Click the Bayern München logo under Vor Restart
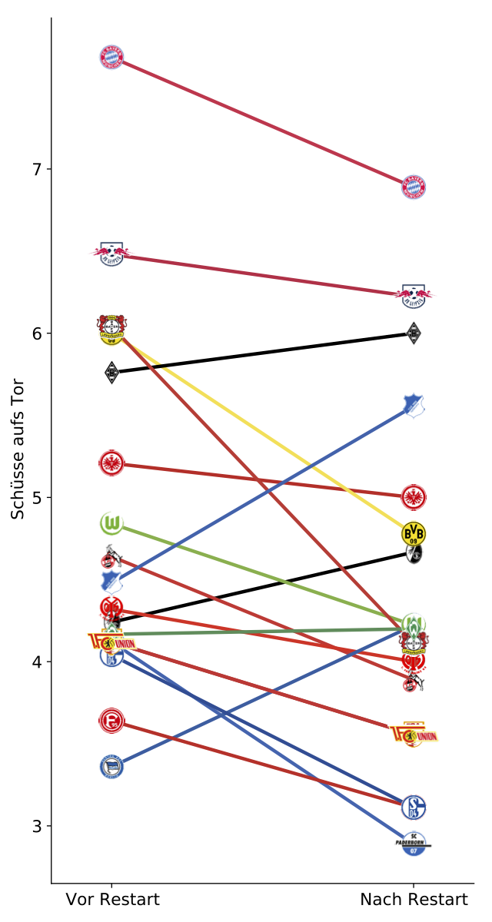coord(111,58)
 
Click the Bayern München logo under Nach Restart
coord(414,187)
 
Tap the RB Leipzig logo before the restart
coord(111,254)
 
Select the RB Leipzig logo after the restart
coord(414,294)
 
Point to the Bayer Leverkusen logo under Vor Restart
coord(111,329)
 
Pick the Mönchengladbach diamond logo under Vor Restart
coord(111,373)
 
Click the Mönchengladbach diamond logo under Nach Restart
coord(414,333)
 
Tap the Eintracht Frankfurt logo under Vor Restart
coord(111,463)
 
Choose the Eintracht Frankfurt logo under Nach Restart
coord(414,496)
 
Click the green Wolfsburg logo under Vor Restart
coord(111,524)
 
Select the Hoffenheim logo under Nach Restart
coord(414,406)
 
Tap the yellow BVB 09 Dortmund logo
coord(414,532)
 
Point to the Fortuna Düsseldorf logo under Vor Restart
coord(111,721)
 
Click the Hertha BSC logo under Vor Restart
coord(111,767)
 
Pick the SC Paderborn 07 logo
coord(414,844)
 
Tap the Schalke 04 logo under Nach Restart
coord(414,807)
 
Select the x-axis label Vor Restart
coord(112,900)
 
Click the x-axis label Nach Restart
coord(414,900)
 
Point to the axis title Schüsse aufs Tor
coord(18,449)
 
